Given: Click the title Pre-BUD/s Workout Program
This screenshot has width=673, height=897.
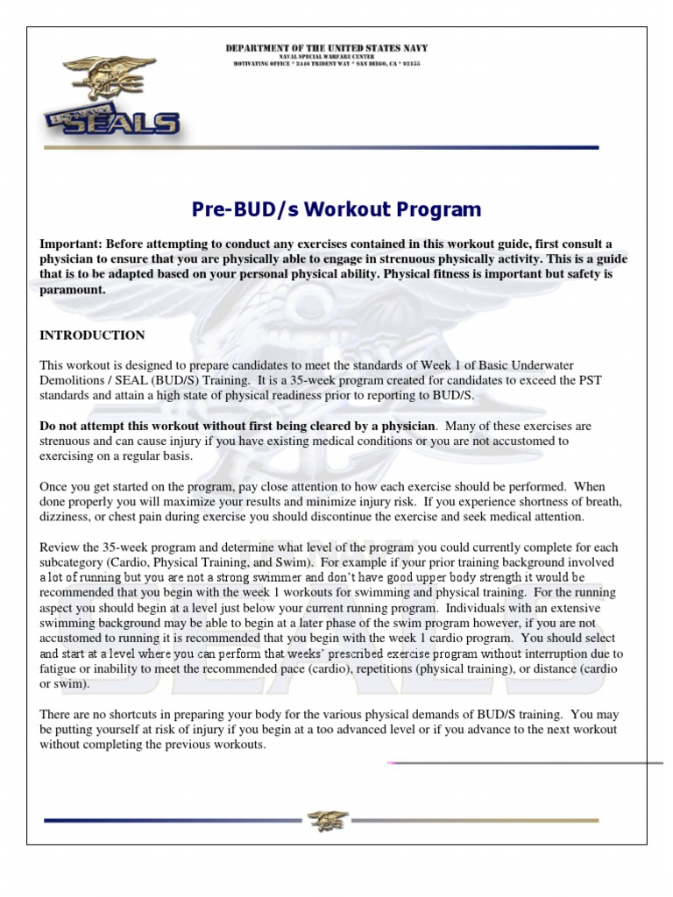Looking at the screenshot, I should (x=336, y=209).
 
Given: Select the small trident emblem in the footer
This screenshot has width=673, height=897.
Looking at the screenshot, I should (x=328, y=820).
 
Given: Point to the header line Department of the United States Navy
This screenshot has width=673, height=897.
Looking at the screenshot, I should (x=327, y=48).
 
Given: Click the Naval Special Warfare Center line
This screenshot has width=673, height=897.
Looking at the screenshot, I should (x=327, y=56).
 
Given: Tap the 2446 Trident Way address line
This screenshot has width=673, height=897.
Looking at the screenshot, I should (x=327, y=64).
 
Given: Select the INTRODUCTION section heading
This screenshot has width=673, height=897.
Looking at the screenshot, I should (x=92, y=335).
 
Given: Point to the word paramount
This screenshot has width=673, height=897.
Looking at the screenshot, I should (x=73, y=290).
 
